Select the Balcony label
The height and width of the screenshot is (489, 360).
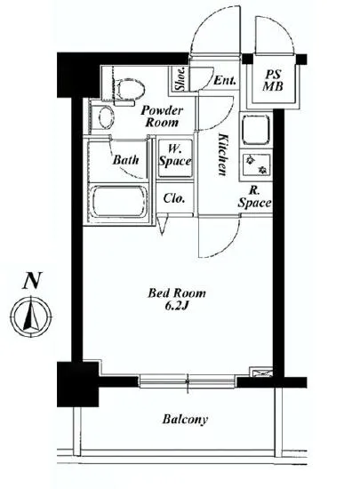(185, 419)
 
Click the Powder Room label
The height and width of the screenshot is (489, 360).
(163, 116)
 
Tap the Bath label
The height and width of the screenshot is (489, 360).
(124, 160)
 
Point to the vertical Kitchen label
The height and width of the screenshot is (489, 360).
(220, 154)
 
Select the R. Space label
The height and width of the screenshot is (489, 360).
(253, 196)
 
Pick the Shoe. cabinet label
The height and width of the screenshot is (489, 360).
(180, 81)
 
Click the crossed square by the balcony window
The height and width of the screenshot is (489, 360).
(260, 374)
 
